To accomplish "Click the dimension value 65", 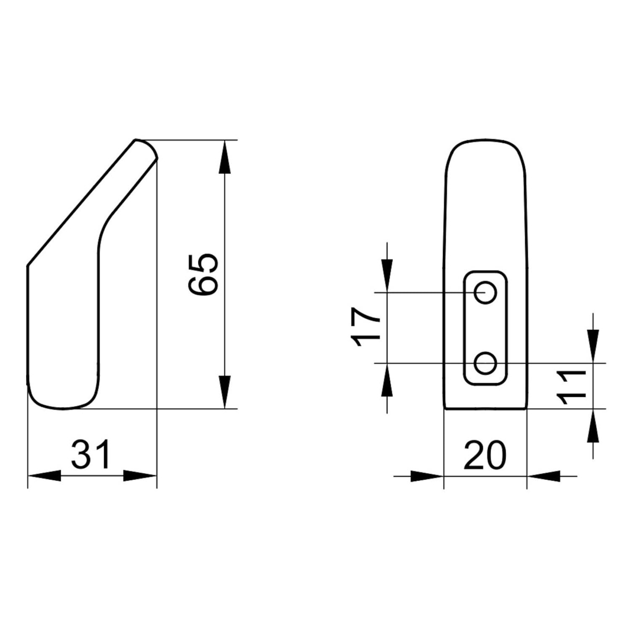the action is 204,274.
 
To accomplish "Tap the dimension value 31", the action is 91,454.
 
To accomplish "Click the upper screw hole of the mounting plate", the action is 486,292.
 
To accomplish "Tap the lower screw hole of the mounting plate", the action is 486,363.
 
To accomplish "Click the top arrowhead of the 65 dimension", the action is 225,156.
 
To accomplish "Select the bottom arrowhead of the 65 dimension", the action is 225,392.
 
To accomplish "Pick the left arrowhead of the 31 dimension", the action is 44,476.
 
